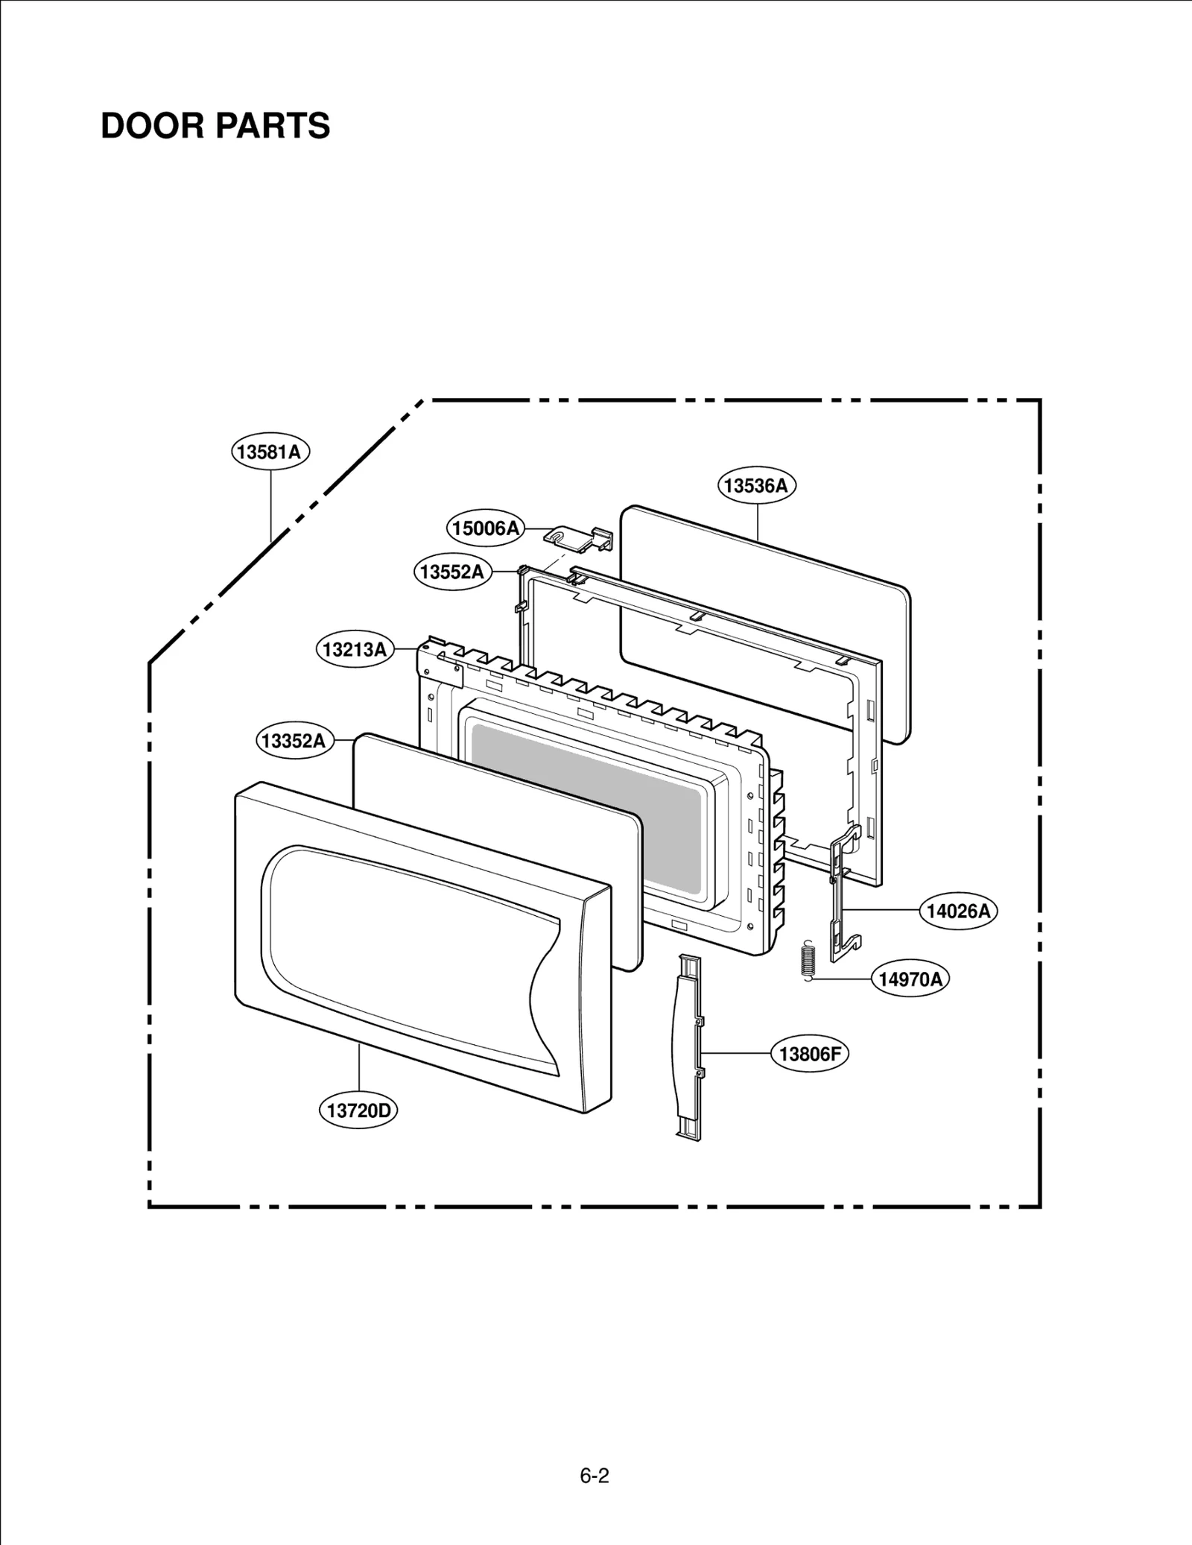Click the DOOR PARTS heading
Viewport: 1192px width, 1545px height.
(215, 126)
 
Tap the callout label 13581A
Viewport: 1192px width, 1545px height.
(270, 452)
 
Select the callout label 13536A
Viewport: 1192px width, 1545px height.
(756, 486)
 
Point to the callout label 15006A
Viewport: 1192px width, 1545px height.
(486, 528)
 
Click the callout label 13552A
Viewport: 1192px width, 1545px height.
(452, 572)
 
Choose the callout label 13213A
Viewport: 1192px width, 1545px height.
(355, 649)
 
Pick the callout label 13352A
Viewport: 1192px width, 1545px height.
(294, 741)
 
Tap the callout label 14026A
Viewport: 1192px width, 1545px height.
(958, 911)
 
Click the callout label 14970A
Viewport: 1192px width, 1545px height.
(910, 979)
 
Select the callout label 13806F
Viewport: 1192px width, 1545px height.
(809, 1053)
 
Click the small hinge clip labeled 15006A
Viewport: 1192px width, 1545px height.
(581, 537)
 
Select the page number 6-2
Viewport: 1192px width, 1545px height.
(595, 1475)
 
